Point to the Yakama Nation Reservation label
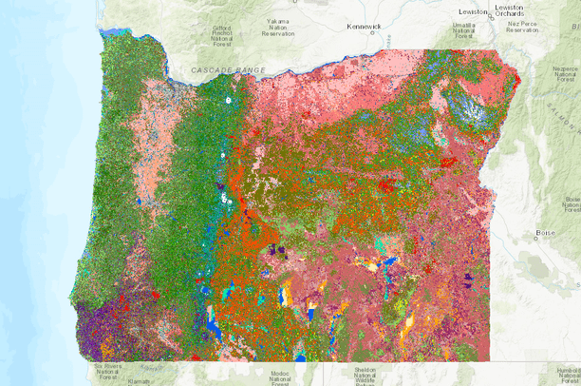[x=279, y=26]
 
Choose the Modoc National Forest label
[x=279, y=377]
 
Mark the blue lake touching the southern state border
[x=301, y=357]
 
